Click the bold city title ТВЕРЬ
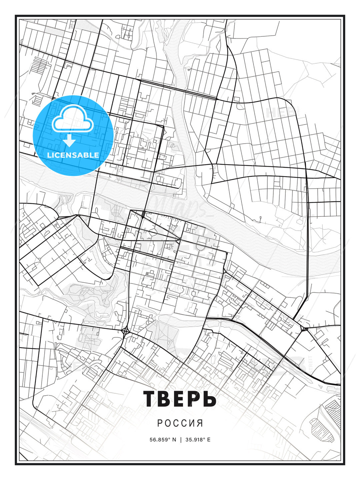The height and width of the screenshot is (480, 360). (180, 399)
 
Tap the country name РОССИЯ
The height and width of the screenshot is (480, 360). (180, 423)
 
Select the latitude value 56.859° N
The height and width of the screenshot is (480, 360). (162, 439)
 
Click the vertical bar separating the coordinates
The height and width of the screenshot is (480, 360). (181, 439)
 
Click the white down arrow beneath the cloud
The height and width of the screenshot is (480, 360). (70, 141)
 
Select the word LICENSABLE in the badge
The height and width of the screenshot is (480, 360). (73, 155)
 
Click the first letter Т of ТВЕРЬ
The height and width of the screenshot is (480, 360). (150, 399)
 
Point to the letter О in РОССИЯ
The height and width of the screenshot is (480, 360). (168, 423)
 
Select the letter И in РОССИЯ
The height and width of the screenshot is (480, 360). (192, 423)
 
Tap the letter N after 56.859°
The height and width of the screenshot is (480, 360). (174, 439)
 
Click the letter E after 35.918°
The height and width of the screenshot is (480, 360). (209, 439)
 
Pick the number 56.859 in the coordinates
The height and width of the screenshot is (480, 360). (158, 439)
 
